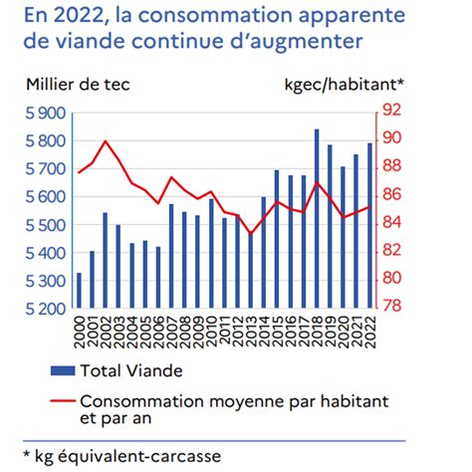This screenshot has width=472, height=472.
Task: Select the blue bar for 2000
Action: pos(80,290)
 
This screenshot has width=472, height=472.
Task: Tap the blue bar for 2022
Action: pos(368,225)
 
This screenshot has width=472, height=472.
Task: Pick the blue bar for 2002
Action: pos(106,260)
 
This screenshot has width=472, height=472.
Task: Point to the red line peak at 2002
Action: pos(106,141)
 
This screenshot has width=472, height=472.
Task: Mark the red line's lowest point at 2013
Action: pos(250,234)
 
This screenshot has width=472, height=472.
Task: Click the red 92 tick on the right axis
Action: pos(391,109)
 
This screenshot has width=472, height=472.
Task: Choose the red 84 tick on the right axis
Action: pos(391,221)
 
